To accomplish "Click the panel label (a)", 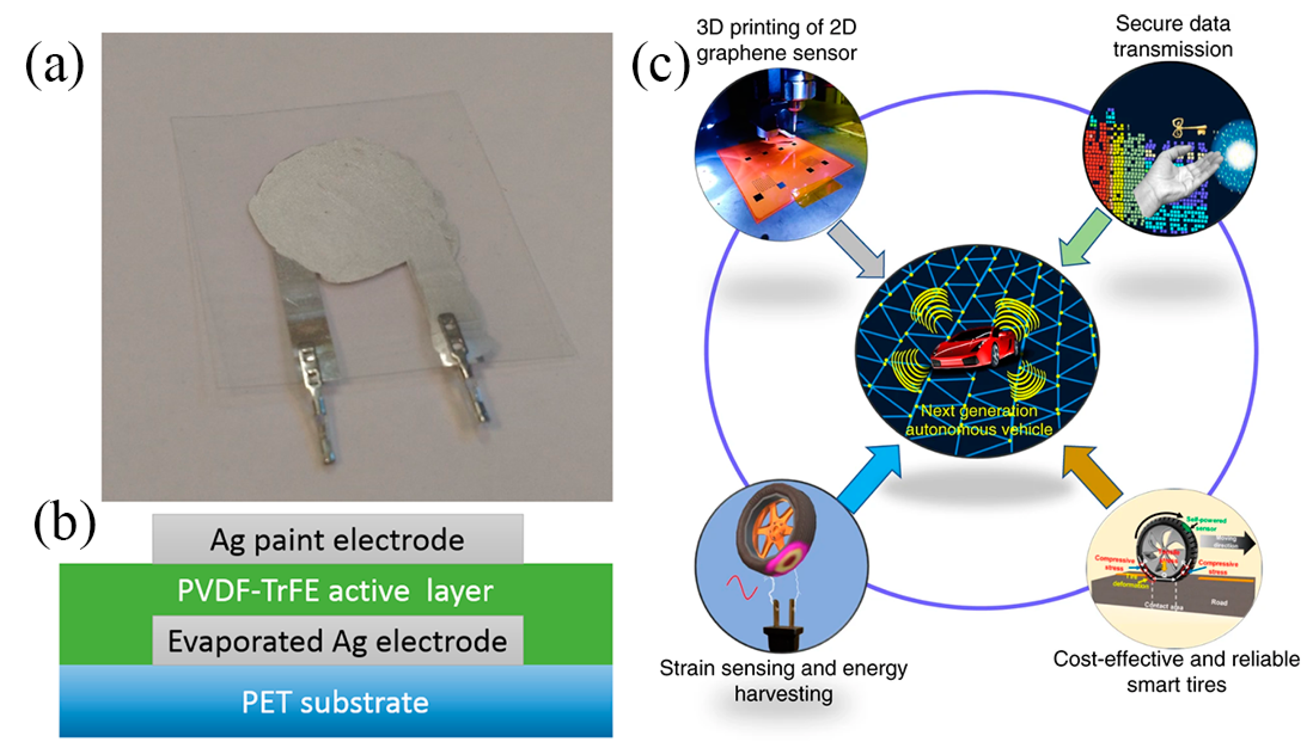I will coord(55,66).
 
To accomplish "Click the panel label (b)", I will coord(64,524).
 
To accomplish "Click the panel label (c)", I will coord(661,66).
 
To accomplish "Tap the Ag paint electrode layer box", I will coord(338,539).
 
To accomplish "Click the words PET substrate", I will coord(335,703).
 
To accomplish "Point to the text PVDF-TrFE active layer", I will coord(335,590).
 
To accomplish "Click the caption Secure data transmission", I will coord(1173,36).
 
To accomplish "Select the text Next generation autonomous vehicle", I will coord(979,420).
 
